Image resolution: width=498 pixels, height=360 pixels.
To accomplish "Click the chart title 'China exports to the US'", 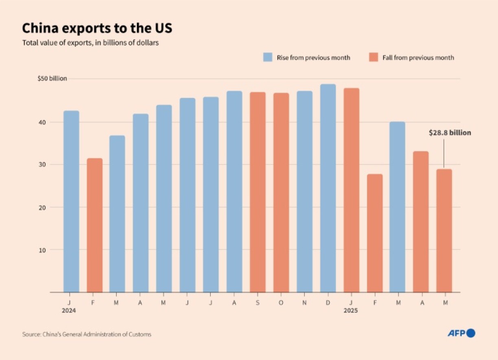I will (x=96, y=29).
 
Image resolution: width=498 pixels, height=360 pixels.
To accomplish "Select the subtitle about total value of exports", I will (x=90, y=42).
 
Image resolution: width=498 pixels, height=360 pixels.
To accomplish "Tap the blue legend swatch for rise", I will (x=267, y=57).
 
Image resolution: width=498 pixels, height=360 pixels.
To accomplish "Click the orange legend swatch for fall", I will (x=373, y=57).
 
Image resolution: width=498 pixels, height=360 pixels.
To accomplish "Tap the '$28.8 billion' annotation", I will (x=450, y=133).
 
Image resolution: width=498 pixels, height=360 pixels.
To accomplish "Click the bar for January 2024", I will (x=71, y=201).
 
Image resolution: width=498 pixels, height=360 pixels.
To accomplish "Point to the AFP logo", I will (x=461, y=333).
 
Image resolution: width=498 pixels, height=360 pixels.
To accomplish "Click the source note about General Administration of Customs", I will (x=87, y=334).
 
